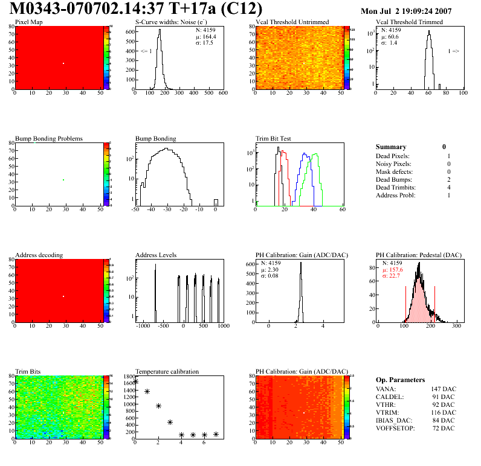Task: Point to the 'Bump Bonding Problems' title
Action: [x=49, y=138]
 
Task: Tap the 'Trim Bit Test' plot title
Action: [x=274, y=138]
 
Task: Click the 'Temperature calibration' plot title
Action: [x=167, y=371]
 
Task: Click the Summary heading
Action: [x=391, y=147]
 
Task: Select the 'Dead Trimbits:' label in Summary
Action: [x=396, y=187]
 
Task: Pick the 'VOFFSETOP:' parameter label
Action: [x=396, y=428]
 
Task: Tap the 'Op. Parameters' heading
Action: [x=400, y=380]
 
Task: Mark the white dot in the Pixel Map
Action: [x=63, y=63]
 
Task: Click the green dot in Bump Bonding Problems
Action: [x=63, y=180]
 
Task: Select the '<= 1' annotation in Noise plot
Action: [x=146, y=51]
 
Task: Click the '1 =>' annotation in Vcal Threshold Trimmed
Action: [x=453, y=51]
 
